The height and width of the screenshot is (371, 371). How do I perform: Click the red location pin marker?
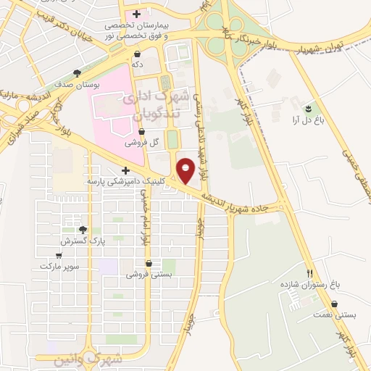187,171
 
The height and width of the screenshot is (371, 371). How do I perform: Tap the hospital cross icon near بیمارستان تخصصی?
136,14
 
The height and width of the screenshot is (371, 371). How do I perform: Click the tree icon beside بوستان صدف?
78,72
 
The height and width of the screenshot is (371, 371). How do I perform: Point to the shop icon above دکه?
137,54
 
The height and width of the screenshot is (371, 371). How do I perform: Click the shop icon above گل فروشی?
143,132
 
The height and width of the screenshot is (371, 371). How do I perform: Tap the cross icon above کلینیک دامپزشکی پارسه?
125,170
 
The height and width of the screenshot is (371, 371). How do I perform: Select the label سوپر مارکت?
57,266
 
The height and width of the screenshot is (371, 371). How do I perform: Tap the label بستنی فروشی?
148,275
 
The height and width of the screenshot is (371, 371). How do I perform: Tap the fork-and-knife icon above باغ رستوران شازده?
310,274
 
